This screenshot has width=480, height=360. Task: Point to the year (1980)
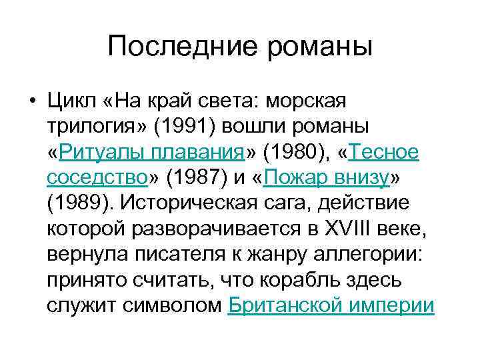click(x=297, y=152)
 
